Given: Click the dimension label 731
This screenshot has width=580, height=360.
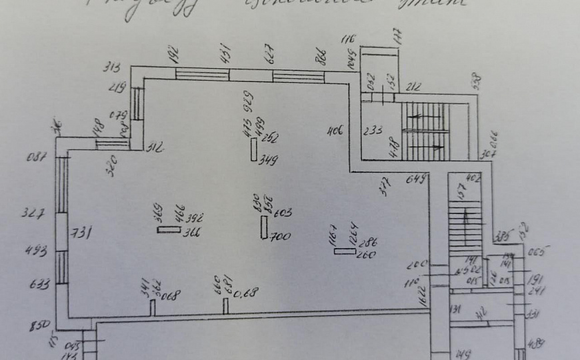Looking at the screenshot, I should (x=83, y=232).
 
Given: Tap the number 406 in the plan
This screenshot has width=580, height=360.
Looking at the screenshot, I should (x=335, y=131).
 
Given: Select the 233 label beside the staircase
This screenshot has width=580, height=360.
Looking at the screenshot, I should (x=373, y=131).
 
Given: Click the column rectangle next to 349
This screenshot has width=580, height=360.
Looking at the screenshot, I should (x=253, y=150).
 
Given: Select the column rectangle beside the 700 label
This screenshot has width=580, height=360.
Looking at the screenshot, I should (x=264, y=227).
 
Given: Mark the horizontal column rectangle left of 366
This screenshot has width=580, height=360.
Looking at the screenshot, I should (x=169, y=230).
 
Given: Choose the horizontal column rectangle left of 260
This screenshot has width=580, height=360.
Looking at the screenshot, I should (x=345, y=251).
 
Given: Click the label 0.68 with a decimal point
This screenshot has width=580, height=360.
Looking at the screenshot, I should (x=247, y=292).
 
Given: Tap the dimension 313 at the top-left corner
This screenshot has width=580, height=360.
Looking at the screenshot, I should (x=111, y=67).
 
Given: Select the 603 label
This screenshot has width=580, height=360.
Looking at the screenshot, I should (x=283, y=213).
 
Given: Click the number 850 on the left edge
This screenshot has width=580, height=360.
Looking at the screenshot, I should (x=40, y=326).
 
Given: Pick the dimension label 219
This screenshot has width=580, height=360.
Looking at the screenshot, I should (x=119, y=87).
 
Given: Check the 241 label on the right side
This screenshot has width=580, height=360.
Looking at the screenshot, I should (x=537, y=291).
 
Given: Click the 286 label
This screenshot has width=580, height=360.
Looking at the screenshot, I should (x=367, y=243).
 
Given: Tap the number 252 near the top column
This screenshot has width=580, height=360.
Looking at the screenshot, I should (x=269, y=139).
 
